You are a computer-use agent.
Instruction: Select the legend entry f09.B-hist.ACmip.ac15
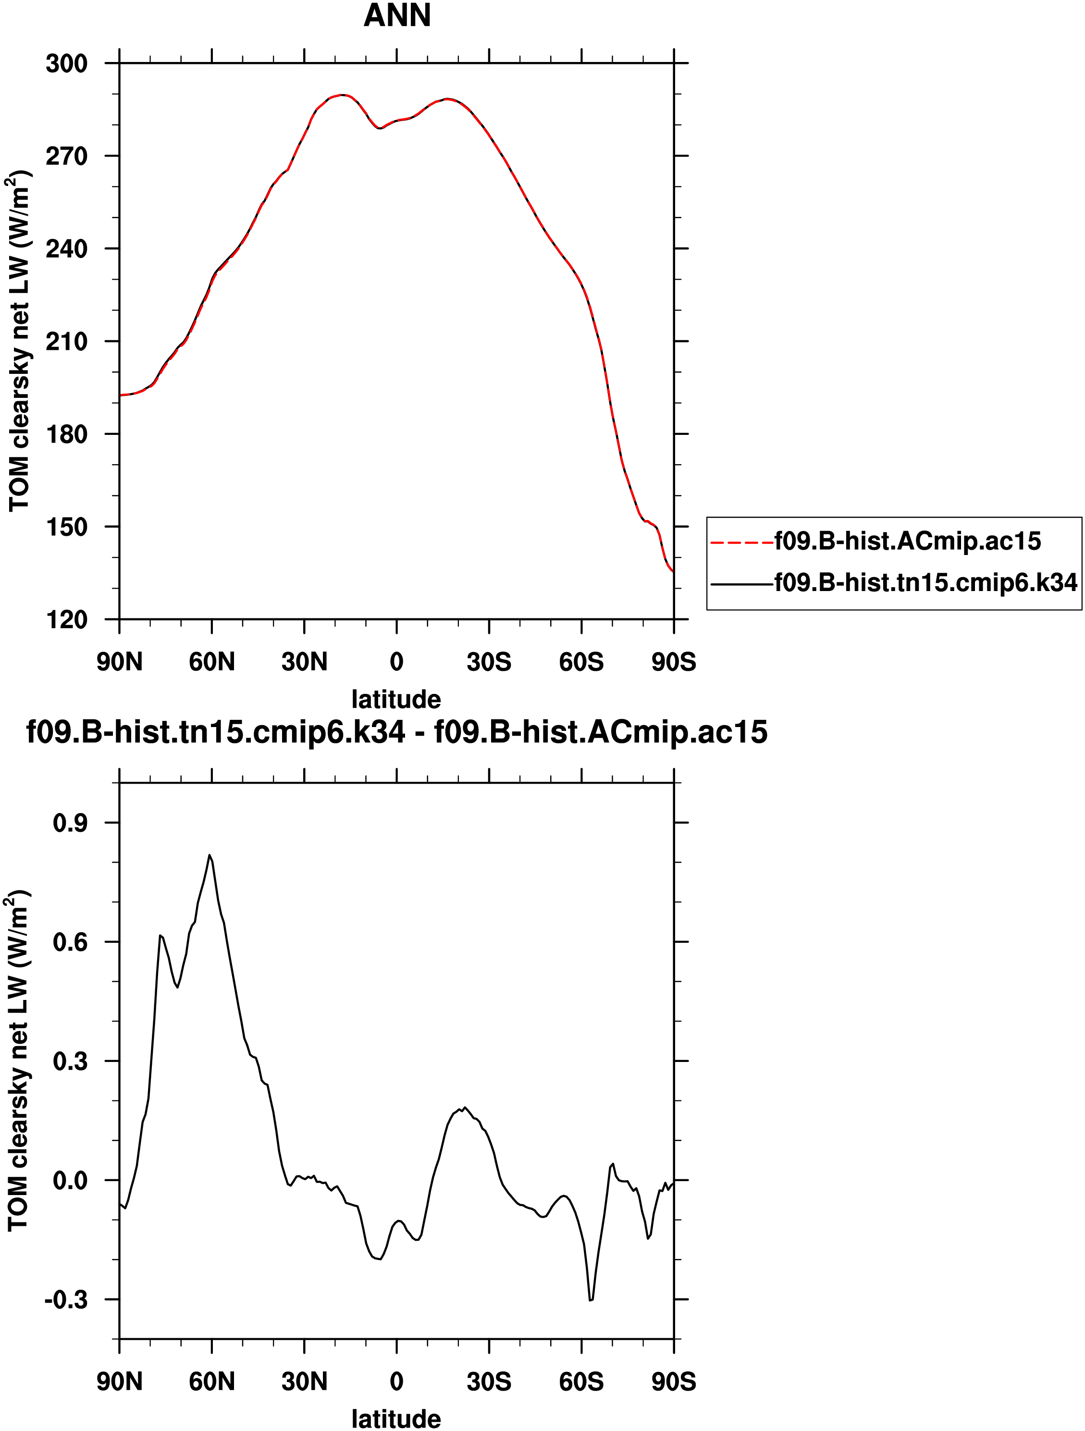[908, 541]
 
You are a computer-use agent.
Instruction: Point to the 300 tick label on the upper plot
[67, 64]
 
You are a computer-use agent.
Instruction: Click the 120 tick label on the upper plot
[67, 620]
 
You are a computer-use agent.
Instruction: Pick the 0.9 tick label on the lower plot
[70, 823]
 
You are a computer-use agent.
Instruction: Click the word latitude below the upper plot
[396, 699]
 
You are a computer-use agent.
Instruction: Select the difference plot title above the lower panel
[396, 732]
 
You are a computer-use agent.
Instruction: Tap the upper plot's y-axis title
[19, 340]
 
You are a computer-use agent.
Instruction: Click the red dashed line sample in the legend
[741, 542]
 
